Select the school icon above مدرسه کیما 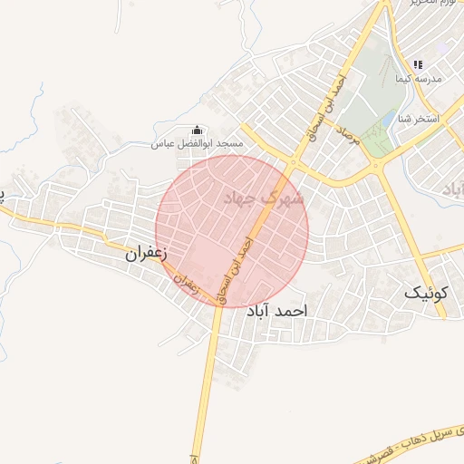coord(418,64)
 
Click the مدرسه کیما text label coord(418,80)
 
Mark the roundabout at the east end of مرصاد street coord(375,166)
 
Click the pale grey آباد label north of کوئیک coord(453,188)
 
